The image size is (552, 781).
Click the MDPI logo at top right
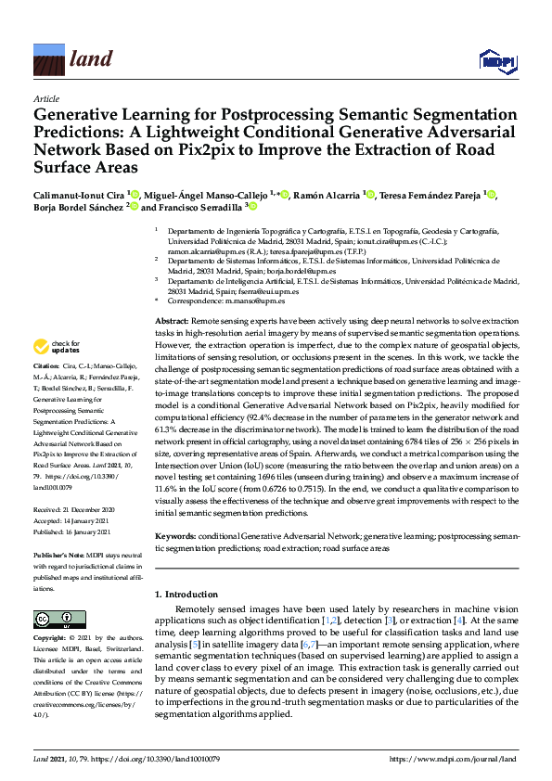(x=497, y=61)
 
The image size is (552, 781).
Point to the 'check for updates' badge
(x=55, y=348)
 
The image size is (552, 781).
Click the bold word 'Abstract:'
(x=172, y=320)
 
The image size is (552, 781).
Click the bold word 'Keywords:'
(x=175, y=537)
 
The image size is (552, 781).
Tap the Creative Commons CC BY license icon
(x=55, y=618)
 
